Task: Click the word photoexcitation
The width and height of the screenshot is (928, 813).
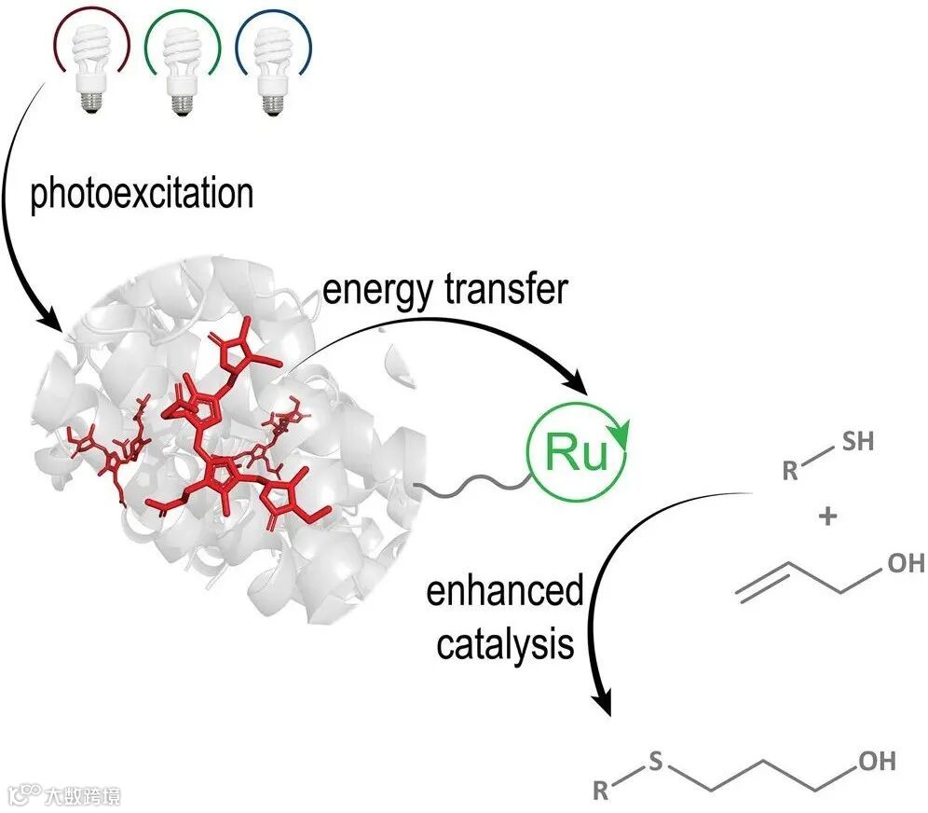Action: point(143,194)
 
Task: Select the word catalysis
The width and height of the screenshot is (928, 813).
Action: point(505,643)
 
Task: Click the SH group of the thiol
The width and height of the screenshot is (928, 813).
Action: point(857,441)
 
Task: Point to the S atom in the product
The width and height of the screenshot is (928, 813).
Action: point(655,763)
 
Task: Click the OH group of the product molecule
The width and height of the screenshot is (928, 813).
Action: point(876,762)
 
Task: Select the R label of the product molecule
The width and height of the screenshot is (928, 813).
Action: point(601,792)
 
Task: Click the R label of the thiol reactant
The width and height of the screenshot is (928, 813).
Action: point(790,469)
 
